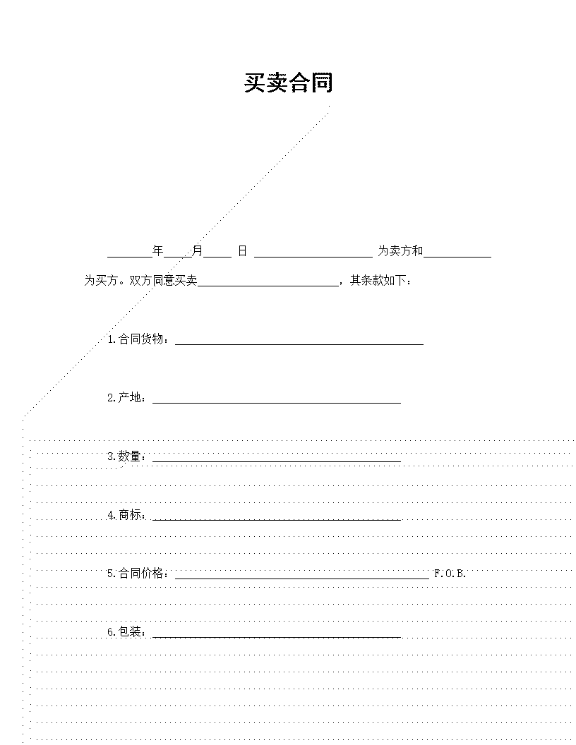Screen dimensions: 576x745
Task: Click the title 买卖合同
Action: click(289, 83)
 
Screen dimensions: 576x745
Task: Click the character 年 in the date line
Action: click(158, 250)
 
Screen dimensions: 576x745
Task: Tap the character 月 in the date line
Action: click(197, 250)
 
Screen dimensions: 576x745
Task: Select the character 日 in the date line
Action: click(242, 250)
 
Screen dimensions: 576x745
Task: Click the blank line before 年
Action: click(130, 257)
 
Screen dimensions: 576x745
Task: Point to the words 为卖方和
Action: click(400, 250)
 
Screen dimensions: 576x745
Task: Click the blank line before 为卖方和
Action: click(313, 257)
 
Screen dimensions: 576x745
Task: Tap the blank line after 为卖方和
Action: click(457, 257)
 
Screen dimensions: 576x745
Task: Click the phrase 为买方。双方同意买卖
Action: click(140, 280)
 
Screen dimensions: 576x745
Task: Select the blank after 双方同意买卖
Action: click(268, 286)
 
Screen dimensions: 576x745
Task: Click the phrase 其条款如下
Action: click(378, 280)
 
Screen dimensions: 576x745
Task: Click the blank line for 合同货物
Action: click(299, 344)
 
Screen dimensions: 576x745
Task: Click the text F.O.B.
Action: click(450, 574)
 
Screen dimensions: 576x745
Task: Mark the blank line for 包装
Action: click(277, 637)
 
